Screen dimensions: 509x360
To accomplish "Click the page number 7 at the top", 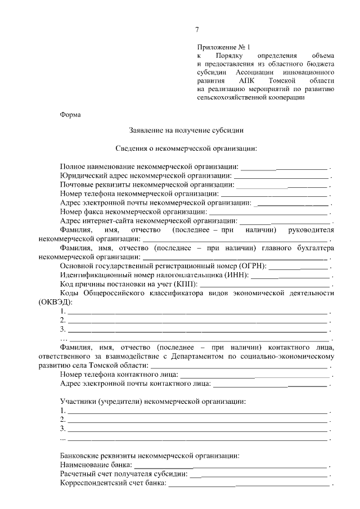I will [197, 30].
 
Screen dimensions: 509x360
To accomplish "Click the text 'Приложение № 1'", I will [224, 47].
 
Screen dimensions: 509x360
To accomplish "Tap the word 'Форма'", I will [70, 115].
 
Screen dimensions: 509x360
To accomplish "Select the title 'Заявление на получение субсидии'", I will [179, 130].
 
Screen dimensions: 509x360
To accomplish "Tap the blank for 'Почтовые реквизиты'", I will [281, 186].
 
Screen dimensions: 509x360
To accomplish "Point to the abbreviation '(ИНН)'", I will [237, 275].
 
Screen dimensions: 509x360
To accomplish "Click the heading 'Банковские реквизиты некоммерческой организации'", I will [150, 455].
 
